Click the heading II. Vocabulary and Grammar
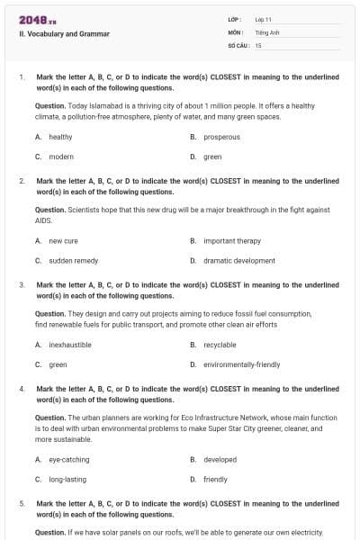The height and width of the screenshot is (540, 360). pyautogui.click(x=64, y=34)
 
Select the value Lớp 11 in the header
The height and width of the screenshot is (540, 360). pyautogui.click(x=264, y=19)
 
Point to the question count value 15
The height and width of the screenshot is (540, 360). pyautogui.click(x=258, y=45)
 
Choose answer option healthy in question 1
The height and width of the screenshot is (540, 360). pyautogui.click(x=60, y=137)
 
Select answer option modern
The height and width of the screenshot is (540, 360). pyautogui.click(x=61, y=157)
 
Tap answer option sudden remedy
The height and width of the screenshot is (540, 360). pyautogui.click(x=67, y=261)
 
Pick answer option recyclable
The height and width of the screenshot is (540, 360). pyautogui.click(x=220, y=345)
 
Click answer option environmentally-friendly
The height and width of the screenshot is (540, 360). pyautogui.click(x=241, y=364)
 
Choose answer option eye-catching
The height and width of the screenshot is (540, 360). pyautogui.click(x=68, y=459)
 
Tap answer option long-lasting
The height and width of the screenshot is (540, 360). pyautogui.click(x=67, y=480)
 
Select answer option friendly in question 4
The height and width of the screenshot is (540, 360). pyautogui.click(x=215, y=480)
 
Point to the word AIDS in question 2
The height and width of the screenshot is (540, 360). pyautogui.click(x=43, y=220)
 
